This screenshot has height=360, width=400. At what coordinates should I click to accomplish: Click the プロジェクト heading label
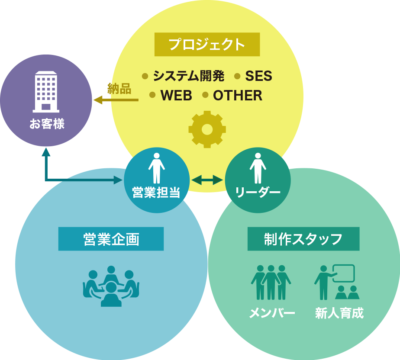click(x=207, y=45)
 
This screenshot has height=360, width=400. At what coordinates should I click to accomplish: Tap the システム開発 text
click(x=189, y=76)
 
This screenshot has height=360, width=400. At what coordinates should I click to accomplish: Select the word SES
click(x=258, y=76)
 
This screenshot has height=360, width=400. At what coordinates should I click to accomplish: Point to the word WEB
click(x=176, y=96)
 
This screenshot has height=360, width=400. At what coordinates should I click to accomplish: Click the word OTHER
click(x=237, y=96)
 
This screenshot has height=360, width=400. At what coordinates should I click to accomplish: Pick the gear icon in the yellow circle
click(x=207, y=129)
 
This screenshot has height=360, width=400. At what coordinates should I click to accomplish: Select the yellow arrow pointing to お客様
click(x=116, y=100)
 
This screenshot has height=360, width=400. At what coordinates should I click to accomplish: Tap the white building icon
click(x=46, y=91)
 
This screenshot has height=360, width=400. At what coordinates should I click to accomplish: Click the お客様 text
click(x=47, y=124)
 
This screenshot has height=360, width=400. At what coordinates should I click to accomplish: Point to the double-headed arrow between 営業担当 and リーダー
click(x=207, y=180)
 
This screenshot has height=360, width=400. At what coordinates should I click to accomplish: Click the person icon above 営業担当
click(x=156, y=168)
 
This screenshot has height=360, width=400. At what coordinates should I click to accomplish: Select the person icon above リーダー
click(x=258, y=168)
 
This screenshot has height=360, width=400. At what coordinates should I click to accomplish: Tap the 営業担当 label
click(x=156, y=193)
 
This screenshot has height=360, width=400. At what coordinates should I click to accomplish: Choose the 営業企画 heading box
click(x=111, y=239)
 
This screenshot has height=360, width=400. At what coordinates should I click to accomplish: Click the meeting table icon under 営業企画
click(x=111, y=286)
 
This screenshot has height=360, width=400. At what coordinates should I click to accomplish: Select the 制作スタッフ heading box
click(x=303, y=239)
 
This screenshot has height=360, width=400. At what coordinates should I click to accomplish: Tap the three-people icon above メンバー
click(x=271, y=282)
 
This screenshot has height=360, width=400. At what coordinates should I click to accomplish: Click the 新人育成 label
click(x=339, y=313)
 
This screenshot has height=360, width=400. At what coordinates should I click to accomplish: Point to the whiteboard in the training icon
click(x=344, y=273)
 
